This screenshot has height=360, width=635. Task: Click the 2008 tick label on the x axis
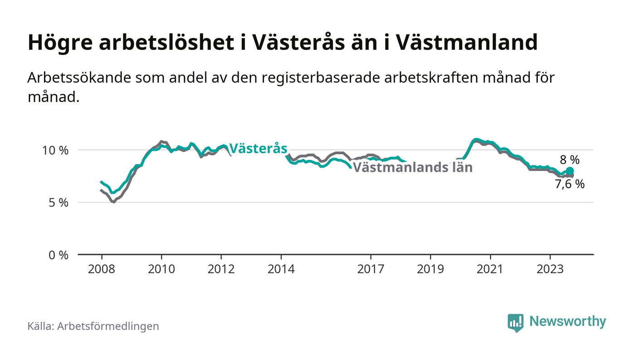pos(102,269)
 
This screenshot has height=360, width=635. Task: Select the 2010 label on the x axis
pos(161,269)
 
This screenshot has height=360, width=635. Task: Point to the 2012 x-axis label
pos(221,269)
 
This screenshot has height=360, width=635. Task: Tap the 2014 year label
pos(281,269)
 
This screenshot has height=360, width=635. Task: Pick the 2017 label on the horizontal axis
pos(371,269)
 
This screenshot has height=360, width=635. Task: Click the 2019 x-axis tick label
pos(430,269)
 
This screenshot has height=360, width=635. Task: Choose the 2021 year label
pos(490,269)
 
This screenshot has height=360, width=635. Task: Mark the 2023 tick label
pos(550,269)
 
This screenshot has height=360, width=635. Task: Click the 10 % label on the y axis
pos(55,151)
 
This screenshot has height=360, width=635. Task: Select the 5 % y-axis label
pos(59,203)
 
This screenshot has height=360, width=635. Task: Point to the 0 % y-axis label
pos(59,255)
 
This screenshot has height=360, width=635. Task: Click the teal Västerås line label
pos(258,149)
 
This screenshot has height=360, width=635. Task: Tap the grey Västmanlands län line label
pos(413,167)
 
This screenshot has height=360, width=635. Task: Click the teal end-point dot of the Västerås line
pos(570,171)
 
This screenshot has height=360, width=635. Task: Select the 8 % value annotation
pos(570,160)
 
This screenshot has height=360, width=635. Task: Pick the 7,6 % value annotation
pos(570,184)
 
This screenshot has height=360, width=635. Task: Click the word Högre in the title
pos(60,43)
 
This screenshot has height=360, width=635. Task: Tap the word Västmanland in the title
pos(467,42)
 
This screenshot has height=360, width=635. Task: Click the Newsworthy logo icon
pos(515,323)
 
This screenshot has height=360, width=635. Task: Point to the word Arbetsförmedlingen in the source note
pos(108,326)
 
